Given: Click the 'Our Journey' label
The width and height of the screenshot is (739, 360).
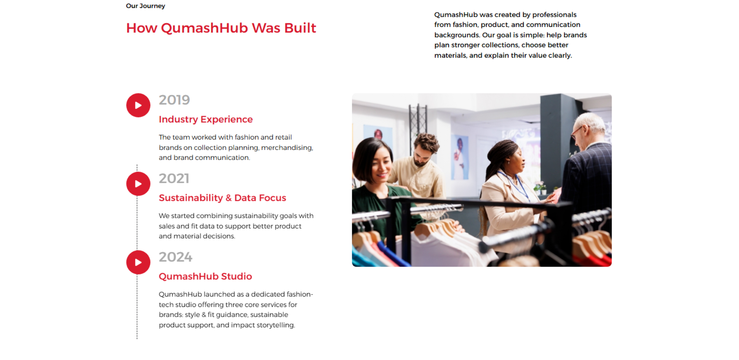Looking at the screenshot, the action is click(x=145, y=6).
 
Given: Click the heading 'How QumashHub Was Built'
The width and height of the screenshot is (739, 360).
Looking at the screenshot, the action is click(x=221, y=28).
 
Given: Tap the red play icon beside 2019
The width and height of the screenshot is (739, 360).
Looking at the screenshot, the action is click(x=138, y=105).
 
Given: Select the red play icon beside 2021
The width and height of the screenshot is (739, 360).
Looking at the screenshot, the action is click(x=138, y=184).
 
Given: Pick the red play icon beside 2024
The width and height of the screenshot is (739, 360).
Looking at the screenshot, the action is click(x=138, y=262).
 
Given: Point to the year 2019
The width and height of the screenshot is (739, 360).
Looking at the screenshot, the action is click(x=174, y=100).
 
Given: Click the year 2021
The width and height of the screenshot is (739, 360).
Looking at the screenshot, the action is click(x=174, y=178).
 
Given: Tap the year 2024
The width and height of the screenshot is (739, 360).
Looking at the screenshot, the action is click(x=176, y=257).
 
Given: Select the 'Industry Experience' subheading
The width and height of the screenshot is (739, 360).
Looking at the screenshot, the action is click(x=206, y=119).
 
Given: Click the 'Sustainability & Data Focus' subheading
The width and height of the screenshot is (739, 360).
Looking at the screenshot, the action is click(x=222, y=198).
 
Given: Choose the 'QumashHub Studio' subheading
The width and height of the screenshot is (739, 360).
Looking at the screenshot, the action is click(x=205, y=276).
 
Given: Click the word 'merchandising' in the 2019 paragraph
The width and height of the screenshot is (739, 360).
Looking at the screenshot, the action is click(x=287, y=148).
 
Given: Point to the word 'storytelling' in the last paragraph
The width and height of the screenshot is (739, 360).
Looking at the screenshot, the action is click(x=275, y=325).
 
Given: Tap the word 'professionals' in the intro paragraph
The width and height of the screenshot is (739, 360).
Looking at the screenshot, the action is click(x=554, y=15).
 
